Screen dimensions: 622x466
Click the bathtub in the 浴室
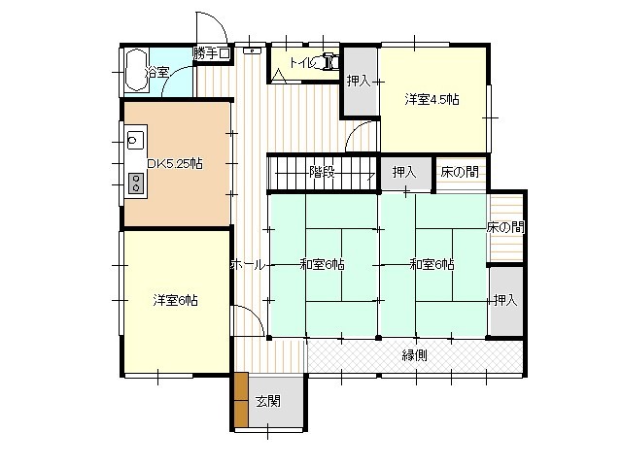point(136,71)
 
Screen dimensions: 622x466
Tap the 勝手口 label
point(212,53)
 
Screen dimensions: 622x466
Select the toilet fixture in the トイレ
point(328,60)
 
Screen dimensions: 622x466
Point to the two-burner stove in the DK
point(136,183)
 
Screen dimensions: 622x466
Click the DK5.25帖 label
point(175,163)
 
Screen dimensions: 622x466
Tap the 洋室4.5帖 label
point(432,99)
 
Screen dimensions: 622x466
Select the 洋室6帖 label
point(175,300)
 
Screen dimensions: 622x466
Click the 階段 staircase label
point(322,173)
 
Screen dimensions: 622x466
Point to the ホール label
point(247,265)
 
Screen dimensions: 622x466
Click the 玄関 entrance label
point(268,401)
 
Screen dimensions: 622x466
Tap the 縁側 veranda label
point(415,355)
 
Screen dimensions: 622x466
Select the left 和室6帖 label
point(322,264)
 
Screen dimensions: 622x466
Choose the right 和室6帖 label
point(432,264)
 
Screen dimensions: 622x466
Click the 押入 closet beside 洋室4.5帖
point(359,82)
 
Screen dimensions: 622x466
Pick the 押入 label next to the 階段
point(404,173)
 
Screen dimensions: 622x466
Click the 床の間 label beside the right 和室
point(505,227)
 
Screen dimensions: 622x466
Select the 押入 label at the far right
point(505,300)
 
